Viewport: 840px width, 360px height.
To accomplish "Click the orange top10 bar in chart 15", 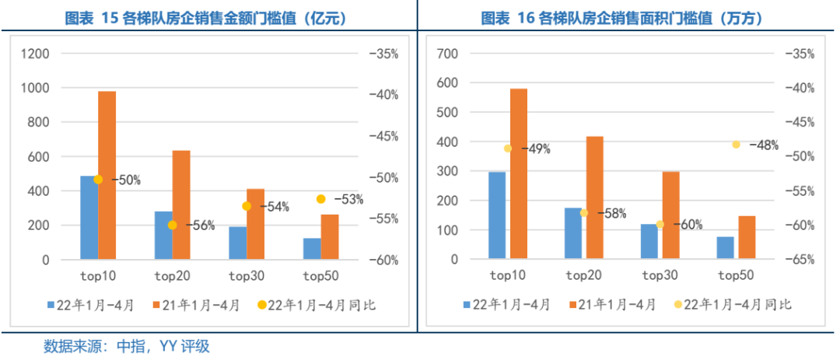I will pos(107,175).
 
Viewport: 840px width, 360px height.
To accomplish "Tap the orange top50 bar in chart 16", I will pos(746,236).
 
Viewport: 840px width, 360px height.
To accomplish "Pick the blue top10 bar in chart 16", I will pos(497,215).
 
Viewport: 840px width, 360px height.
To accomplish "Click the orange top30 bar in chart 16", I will pos(670,215).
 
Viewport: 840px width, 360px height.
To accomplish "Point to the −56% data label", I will pos(201,225).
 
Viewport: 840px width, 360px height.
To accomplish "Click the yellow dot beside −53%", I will pos(320,199).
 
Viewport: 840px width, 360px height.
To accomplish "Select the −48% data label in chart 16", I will pos(763,145).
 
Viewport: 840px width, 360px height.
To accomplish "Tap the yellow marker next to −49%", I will pos(508,149).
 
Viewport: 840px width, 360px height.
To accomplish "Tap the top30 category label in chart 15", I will pos(247,275).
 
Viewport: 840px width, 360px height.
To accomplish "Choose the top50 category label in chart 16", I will pos(736,275).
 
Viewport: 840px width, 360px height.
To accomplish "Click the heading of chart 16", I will pos(622,17).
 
